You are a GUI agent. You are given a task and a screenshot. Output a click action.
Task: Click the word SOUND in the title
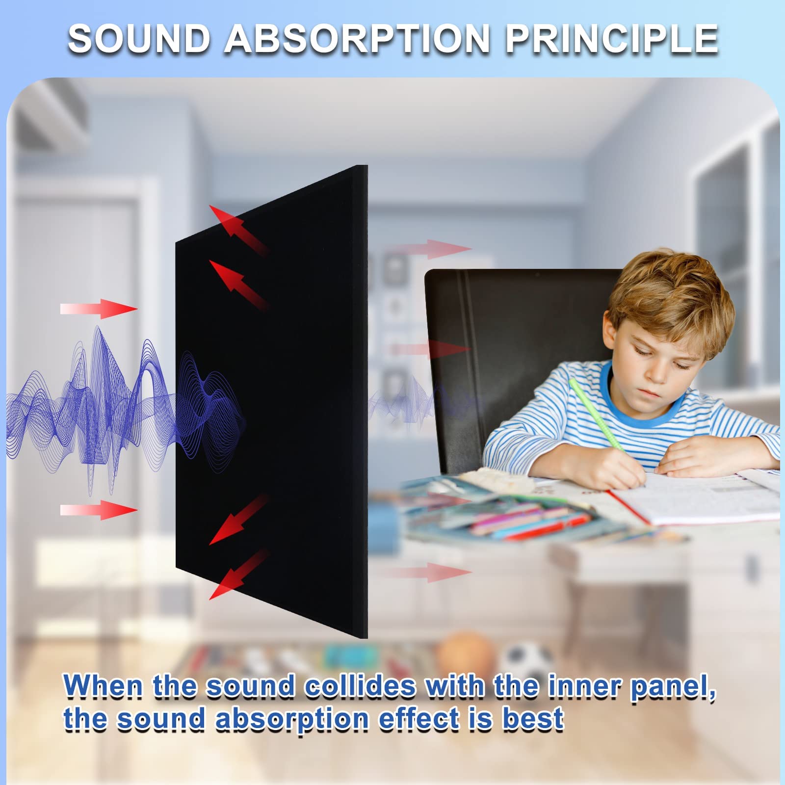pos(139,39)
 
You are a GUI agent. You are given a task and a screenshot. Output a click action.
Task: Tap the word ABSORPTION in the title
pos(357,39)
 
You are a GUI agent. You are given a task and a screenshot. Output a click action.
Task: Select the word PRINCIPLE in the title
pos(612,39)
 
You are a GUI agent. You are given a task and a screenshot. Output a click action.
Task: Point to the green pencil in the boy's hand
pos(596,415)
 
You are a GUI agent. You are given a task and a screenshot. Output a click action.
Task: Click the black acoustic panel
pos(272,402)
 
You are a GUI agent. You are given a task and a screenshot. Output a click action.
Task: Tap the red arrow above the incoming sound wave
pos(99,309)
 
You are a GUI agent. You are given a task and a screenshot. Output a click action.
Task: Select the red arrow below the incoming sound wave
pos(99,510)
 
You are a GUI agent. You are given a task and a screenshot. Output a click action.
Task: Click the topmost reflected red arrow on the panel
pos(239,231)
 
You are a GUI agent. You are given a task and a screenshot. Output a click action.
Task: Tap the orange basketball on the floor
pos(465,655)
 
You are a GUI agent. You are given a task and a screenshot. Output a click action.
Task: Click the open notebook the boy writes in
pos(697,496)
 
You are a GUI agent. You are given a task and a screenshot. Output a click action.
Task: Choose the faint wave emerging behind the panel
pos(422,400)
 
